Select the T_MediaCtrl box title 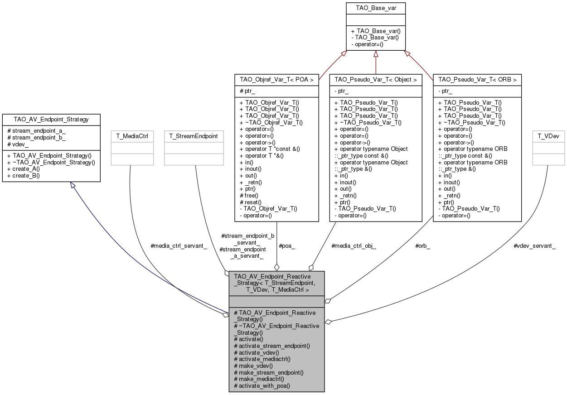(130, 136)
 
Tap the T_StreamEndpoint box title (194, 136)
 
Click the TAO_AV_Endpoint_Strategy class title (51, 120)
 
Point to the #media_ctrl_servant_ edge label (179, 246)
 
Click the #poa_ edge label (287, 246)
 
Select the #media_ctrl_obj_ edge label (354, 246)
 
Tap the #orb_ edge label (423, 246)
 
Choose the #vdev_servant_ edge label (534, 246)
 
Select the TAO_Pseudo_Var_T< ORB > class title (477, 80)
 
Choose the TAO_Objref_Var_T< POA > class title (276, 80)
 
